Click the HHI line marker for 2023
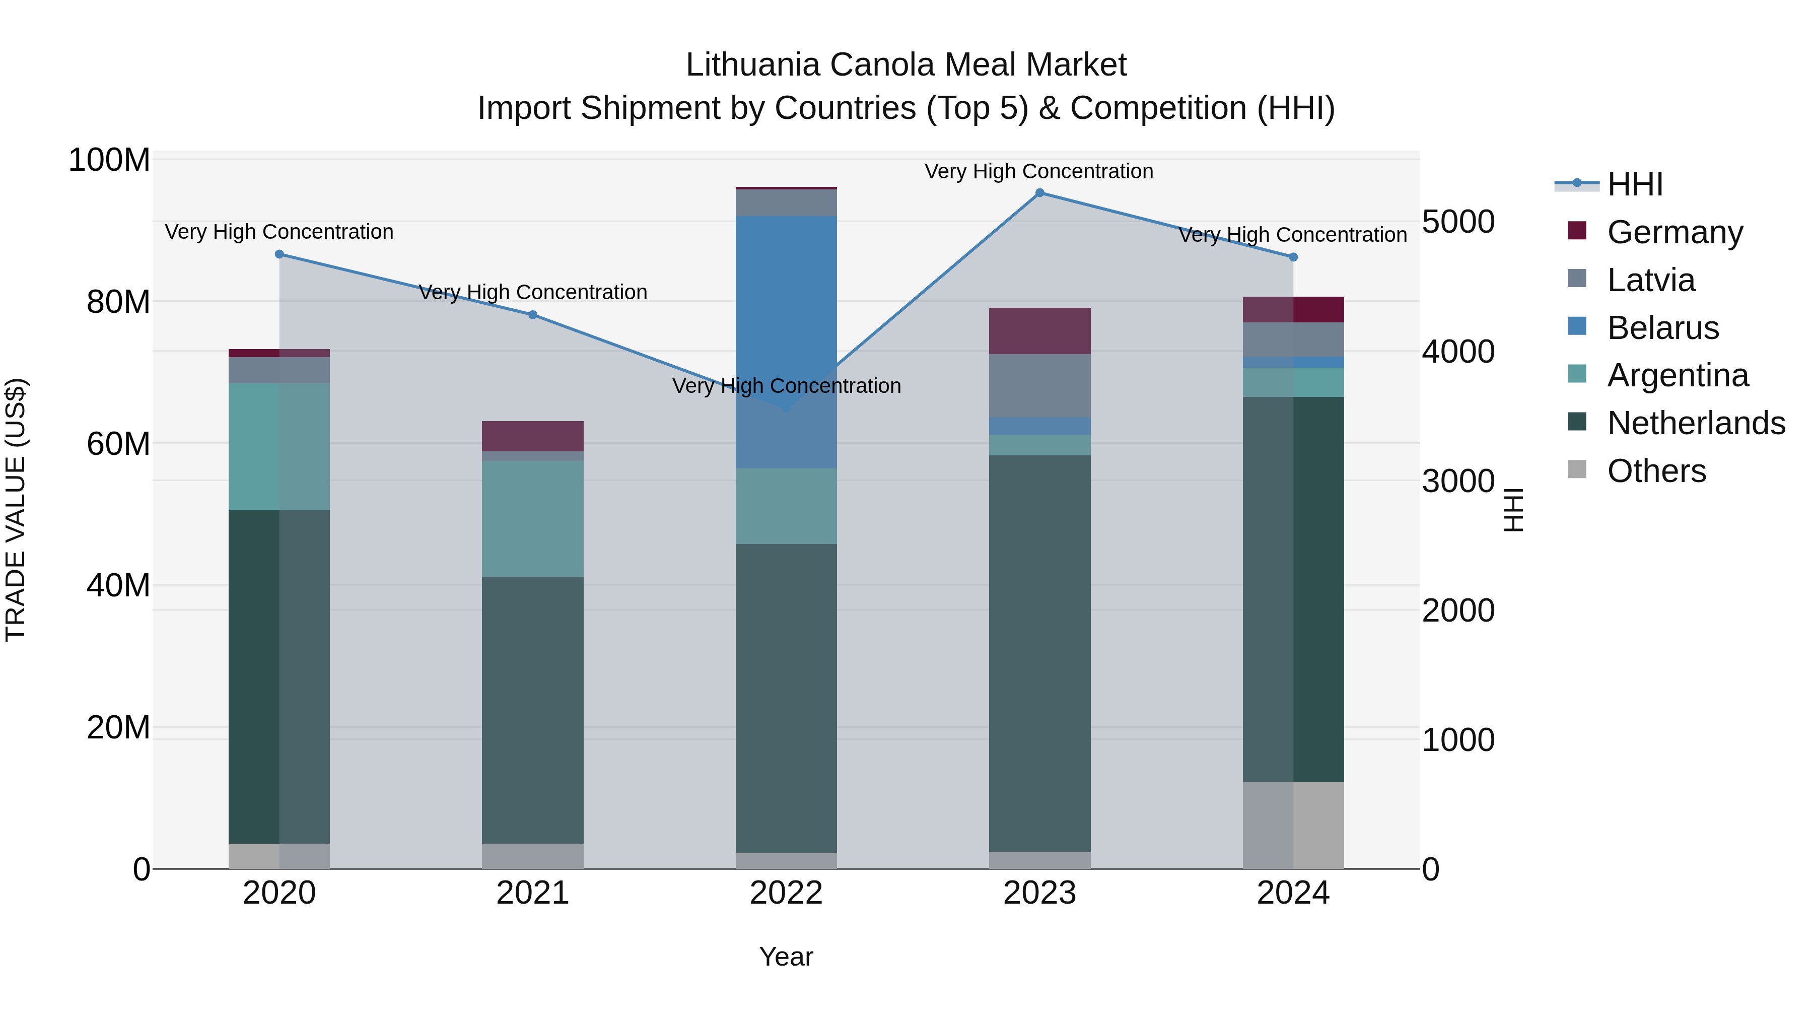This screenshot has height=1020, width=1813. click(1039, 193)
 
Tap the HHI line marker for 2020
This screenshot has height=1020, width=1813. click(280, 254)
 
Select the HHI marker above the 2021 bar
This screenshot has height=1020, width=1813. click(533, 315)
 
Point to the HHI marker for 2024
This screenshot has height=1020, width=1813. click(1293, 257)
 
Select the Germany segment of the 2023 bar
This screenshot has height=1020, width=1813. click(1039, 331)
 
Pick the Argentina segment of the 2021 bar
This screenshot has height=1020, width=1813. click(533, 519)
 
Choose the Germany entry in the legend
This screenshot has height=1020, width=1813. click(1675, 232)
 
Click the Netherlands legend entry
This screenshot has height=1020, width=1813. click(1696, 423)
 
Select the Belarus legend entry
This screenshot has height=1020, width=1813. click(1663, 328)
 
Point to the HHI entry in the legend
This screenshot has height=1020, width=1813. click(1635, 184)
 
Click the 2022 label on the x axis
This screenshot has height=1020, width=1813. click(786, 893)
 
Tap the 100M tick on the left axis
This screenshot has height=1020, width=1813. click(109, 161)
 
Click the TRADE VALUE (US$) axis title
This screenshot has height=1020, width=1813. click(16, 510)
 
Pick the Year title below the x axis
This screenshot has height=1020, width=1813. click(786, 957)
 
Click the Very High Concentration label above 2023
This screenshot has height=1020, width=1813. click(1039, 171)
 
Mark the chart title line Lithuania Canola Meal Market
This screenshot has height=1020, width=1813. click(906, 65)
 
